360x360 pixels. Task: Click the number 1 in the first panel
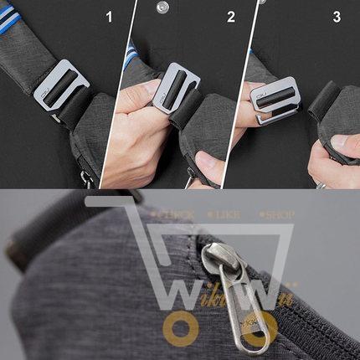point(108,16)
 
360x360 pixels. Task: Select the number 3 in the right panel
point(337,16)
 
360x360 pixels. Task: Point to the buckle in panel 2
point(177,90)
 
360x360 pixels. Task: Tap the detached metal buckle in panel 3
point(275,99)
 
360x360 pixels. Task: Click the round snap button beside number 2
point(162,7)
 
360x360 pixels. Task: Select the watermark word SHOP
point(274,215)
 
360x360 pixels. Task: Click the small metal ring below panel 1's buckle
point(86,177)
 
